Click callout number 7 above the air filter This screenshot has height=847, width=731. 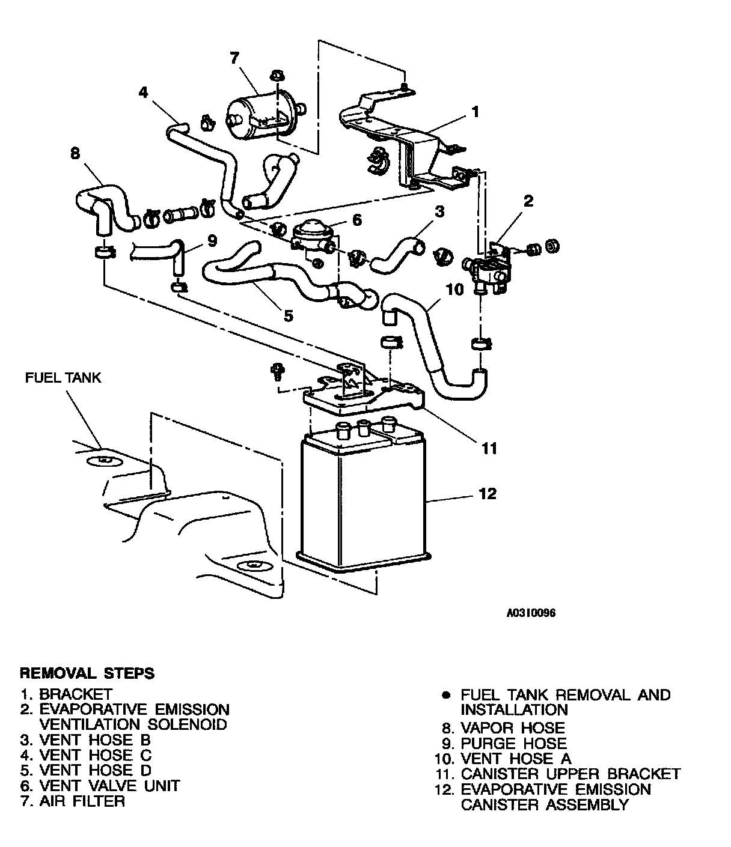(234, 58)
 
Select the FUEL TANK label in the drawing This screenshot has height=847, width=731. (63, 378)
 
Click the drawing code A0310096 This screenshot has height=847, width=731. (531, 613)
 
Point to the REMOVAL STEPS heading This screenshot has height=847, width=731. (87, 672)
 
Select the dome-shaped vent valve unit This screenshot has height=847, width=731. (314, 231)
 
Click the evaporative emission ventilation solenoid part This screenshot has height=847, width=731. (490, 267)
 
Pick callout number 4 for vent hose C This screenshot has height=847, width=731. (142, 92)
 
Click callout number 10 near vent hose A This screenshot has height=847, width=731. (455, 289)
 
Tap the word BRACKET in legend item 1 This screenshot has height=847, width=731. (76, 695)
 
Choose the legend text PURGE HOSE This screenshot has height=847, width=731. (513, 743)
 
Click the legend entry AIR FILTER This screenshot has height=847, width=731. (82, 801)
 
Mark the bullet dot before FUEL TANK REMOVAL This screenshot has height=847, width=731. (445, 695)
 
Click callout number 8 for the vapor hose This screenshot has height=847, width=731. (75, 154)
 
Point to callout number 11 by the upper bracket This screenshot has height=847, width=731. (489, 448)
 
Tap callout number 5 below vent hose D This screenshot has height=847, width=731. (289, 315)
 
